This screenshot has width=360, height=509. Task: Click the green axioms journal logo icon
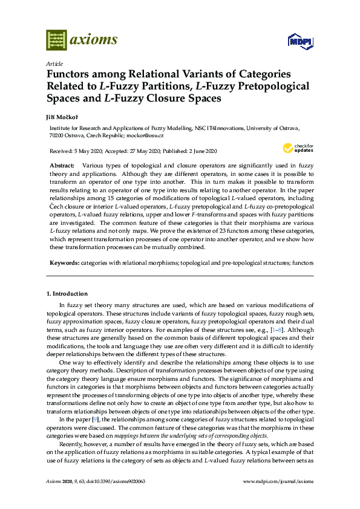(56, 41)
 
